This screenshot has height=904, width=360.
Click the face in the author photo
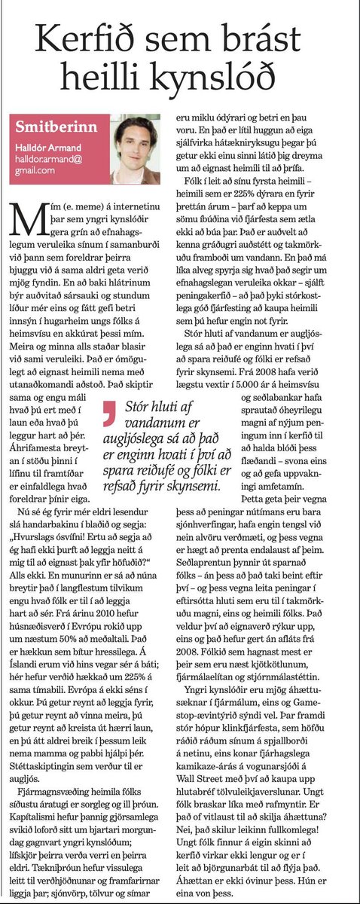point(136,142)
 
